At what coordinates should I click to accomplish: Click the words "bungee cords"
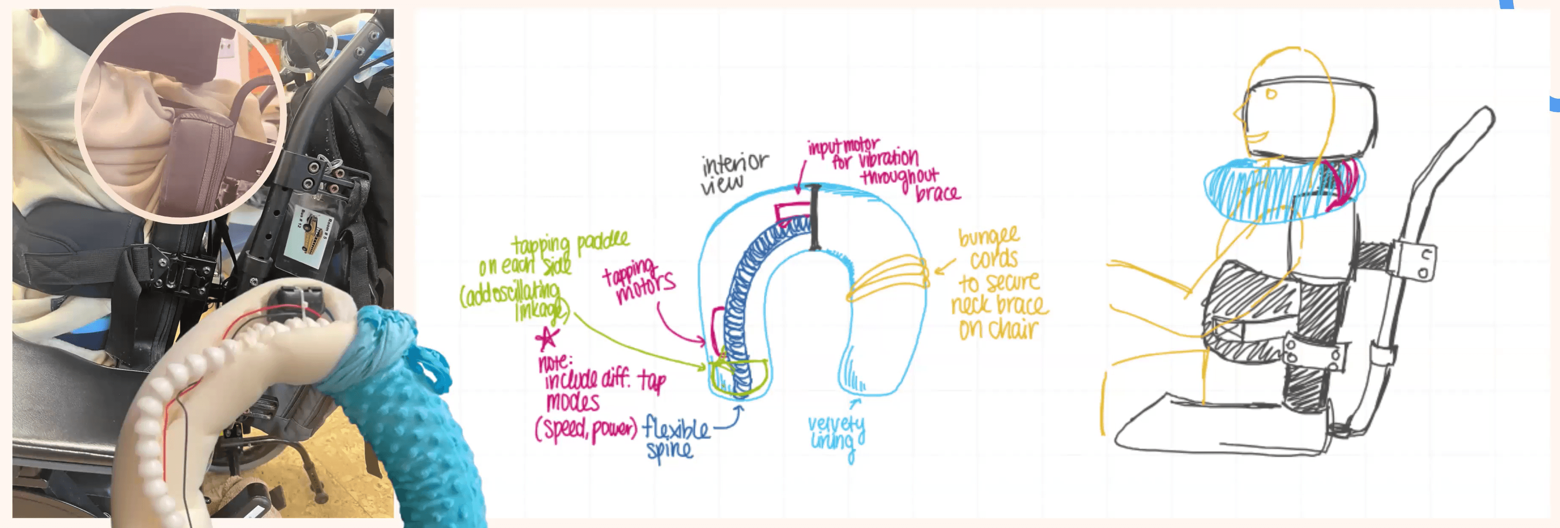[x=991, y=248]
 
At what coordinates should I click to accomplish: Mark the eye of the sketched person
[x=1271, y=94]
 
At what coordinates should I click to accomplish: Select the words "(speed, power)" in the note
[x=586, y=429]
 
